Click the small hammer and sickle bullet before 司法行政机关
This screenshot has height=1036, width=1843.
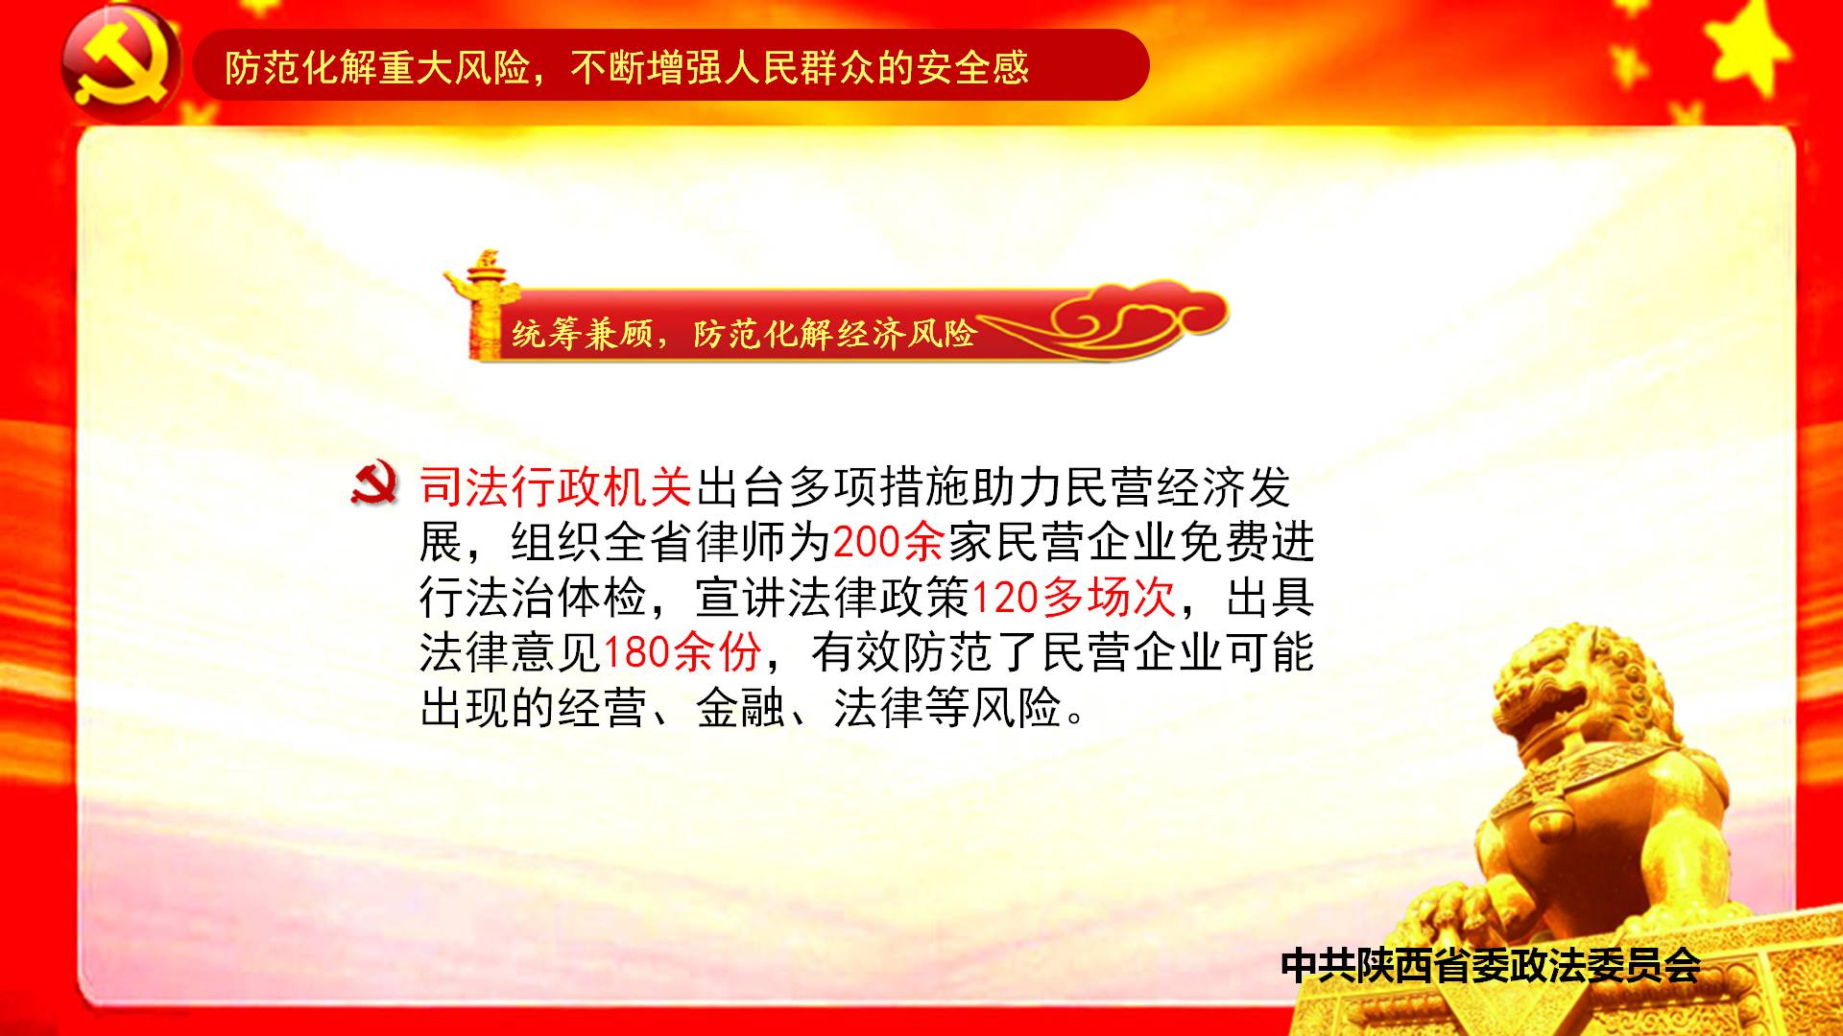coord(374,485)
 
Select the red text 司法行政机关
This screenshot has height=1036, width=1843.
coord(556,487)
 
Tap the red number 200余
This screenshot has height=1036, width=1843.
coord(888,543)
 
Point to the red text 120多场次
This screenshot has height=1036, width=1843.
coord(1073,598)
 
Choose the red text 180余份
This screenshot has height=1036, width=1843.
coord(682,652)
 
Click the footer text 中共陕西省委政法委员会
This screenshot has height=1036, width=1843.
coord(1491,965)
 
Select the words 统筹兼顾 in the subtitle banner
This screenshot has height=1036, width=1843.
coord(582,334)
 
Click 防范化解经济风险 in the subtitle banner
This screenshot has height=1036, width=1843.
coord(834,334)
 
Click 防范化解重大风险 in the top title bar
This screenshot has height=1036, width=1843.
coord(377,67)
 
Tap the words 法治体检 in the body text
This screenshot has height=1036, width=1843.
coord(556,598)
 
